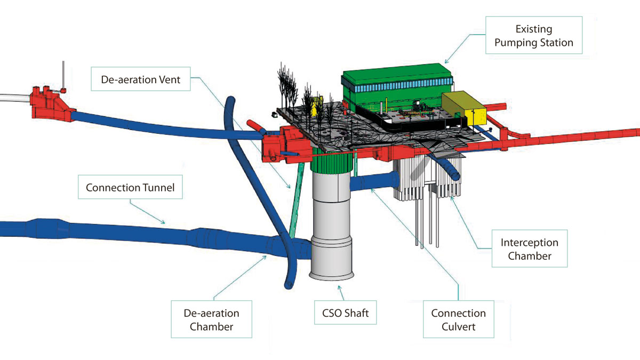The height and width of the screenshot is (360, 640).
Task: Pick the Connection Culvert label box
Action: [x=458, y=319]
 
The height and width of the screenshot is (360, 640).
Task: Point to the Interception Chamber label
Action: [x=529, y=249]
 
